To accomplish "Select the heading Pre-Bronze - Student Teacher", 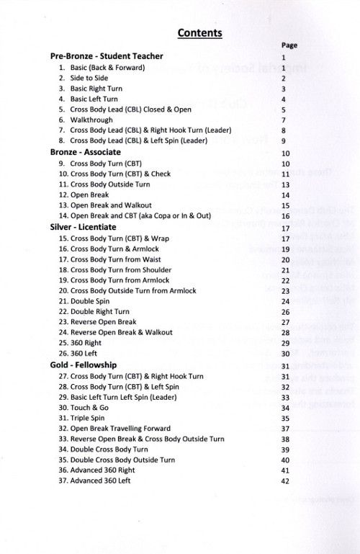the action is pyautogui.click(x=107, y=56).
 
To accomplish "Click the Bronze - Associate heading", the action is pyautogui.click(x=85, y=153).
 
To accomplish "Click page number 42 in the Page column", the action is pyautogui.click(x=285, y=481).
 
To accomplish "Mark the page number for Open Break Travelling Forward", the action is pyautogui.click(x=285, y=429).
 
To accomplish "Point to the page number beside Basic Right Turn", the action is pyautogui.click(x=285, y=89).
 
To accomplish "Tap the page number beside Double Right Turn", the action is pyautogui.click(x=285, y=312).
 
